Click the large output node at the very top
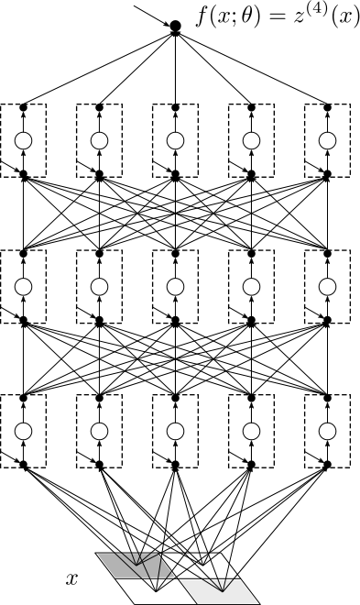pos(176,26)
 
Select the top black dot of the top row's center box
pos(176,108)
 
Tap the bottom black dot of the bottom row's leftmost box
pos(24,466)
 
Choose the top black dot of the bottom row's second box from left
pos(100,397)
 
